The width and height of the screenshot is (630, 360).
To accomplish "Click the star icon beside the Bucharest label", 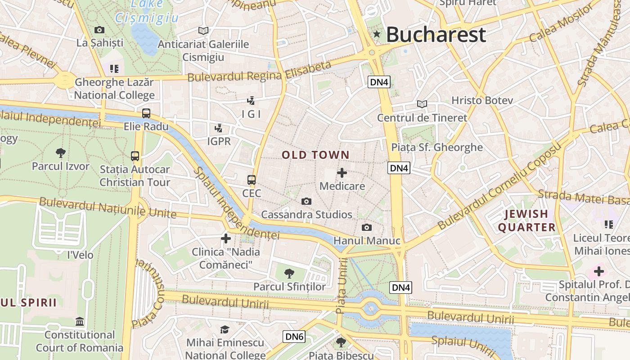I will click(377, 34).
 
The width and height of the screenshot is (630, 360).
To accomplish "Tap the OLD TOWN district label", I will click(315, 155).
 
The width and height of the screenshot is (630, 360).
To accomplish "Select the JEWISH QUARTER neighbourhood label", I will click(526, 220).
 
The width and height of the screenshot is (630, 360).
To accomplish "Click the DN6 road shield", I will click(294, 336).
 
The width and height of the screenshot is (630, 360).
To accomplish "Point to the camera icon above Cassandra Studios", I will click(306, 201).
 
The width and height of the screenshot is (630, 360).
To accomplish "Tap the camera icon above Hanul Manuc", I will click(367, 227).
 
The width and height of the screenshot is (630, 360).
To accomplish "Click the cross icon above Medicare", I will click(342, 173).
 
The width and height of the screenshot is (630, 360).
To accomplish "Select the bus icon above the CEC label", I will click(252, 180).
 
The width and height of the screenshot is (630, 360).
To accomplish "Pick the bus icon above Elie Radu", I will click(146, 113).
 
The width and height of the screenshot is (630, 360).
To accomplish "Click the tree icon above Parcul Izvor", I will click(60, 153).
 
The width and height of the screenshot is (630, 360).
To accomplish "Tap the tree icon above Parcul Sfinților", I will click(289, 273).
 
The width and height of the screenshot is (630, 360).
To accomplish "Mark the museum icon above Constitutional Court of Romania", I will click(80, 322).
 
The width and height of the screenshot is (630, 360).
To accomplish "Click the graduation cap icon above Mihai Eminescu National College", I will click(225, 329).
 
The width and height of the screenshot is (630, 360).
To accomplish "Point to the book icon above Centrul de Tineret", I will click(422, 104).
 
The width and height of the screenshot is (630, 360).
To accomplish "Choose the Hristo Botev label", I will click(482, 100).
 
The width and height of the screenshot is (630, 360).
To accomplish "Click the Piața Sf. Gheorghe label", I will click(436, 147).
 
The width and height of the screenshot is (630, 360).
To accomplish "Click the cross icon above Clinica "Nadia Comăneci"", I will click(226, 238).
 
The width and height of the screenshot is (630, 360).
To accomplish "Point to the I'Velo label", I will click(80, 255).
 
